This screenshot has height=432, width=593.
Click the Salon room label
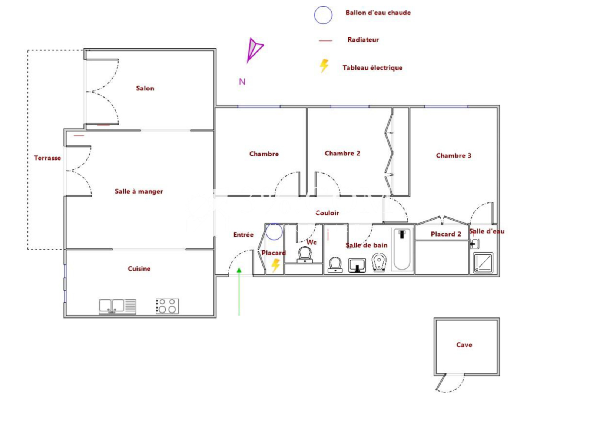[145, 88]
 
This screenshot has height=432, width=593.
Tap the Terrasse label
[47, 158]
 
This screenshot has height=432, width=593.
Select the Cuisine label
[139, 268]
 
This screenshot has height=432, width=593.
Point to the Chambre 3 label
[454, 155]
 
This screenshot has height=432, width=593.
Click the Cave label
[464, 344]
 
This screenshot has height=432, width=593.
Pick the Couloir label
[327, 213]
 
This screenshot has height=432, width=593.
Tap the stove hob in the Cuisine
[167, 306]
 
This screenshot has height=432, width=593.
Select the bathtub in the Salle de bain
[402, 250]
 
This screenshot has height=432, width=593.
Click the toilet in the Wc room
[305, 255]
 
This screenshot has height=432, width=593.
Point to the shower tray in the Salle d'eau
[483, 263]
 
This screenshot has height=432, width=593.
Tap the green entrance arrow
[239, 291]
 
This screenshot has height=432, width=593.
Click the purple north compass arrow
[254, 50]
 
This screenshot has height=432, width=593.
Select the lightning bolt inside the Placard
[276, 266]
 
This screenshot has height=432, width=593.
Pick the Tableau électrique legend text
[372, 68]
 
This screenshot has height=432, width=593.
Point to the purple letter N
[242, 82]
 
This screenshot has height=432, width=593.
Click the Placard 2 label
[446, 234]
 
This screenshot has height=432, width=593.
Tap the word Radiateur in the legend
[363, 40]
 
